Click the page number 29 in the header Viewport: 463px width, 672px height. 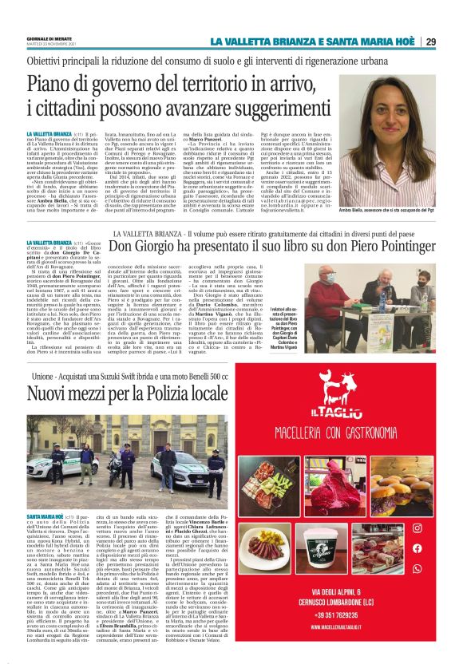tap(452, 42)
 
